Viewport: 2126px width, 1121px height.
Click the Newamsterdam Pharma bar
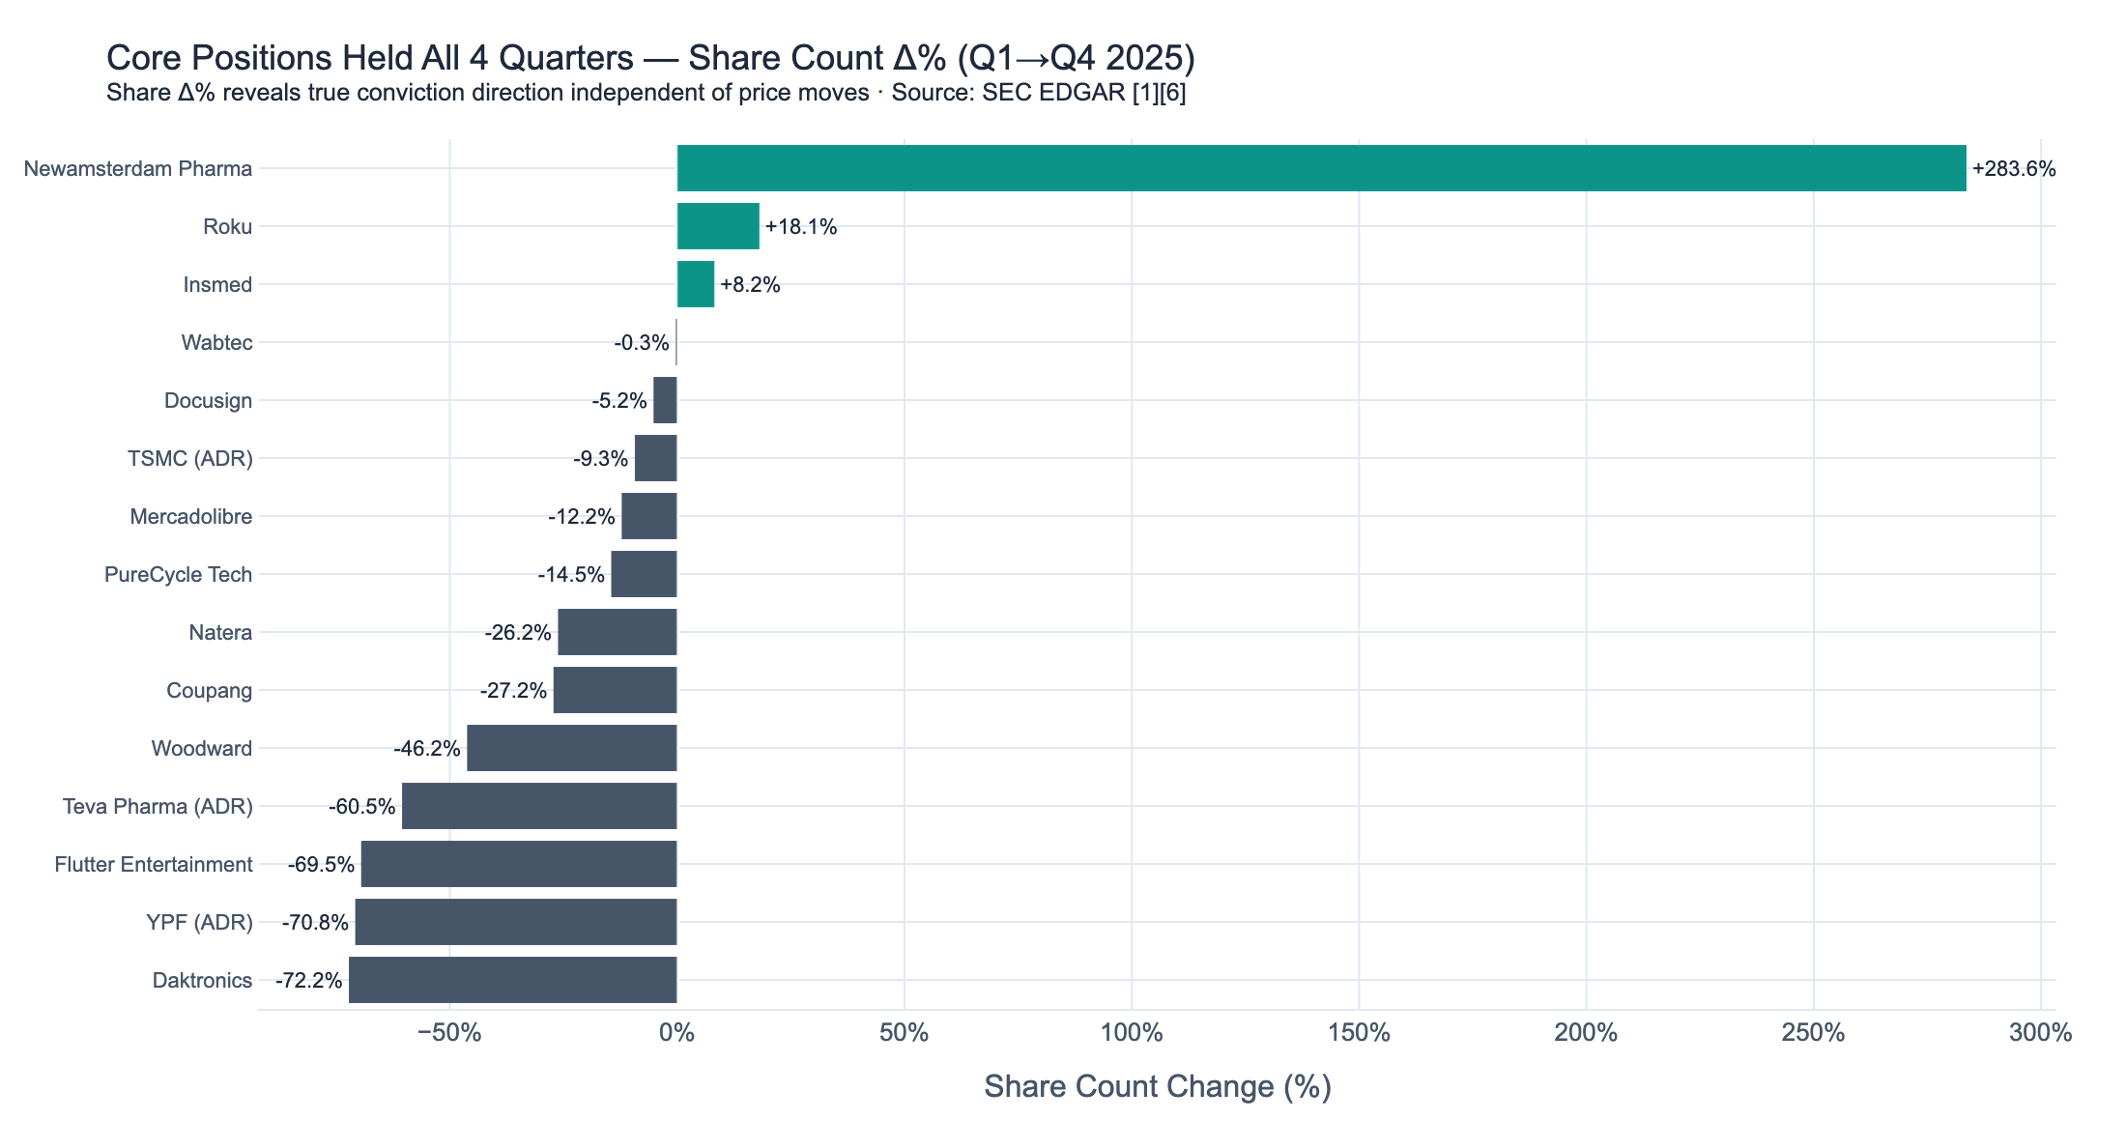point(1321,168)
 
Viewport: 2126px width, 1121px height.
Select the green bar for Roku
point(718,226)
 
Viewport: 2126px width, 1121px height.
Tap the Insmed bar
point(696,284)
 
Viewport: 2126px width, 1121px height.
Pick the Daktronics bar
point(513,980)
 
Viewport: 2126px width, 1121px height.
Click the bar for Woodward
point(572,748)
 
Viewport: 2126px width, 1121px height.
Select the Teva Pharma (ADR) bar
point(539,806)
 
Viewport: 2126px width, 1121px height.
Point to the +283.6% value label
point(2014,169)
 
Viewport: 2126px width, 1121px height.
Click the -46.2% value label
point(426,749)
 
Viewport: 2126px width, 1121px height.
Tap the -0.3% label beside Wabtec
point(641,343)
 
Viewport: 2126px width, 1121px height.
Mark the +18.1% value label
point(800,227)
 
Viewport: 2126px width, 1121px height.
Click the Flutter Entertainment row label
point(154,864)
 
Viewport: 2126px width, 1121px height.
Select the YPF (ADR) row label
point(199,922)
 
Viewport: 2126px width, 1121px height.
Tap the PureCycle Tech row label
point(178,574)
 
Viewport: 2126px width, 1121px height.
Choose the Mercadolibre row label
point(190,516)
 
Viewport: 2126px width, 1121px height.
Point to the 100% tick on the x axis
point(1132,1033)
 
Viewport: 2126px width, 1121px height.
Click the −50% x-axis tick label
point(449,1033)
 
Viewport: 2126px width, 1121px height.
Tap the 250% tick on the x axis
point(1813,1033)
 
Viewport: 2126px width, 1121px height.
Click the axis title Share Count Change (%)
point(1157,1086)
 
